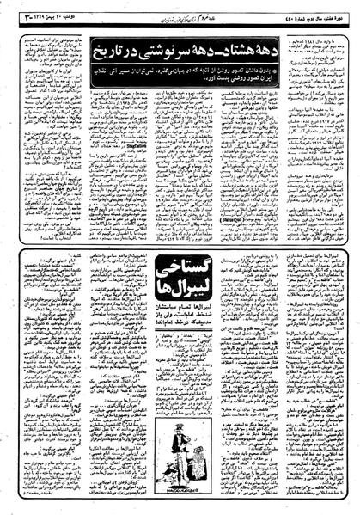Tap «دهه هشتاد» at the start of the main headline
tap(242, 40)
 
